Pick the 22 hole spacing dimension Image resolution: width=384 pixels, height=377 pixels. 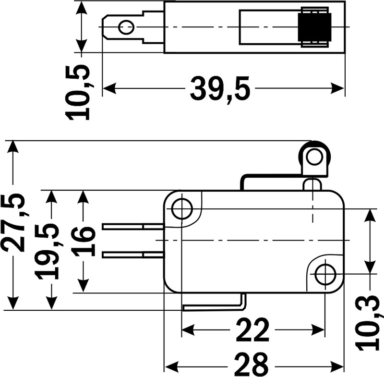click(x=253, y=330)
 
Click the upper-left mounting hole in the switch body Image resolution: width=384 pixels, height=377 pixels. click(x=181, y=209)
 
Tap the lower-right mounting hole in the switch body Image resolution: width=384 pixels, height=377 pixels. click(x=325, y=274)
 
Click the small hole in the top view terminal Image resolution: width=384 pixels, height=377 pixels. click(x=126, y=26)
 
